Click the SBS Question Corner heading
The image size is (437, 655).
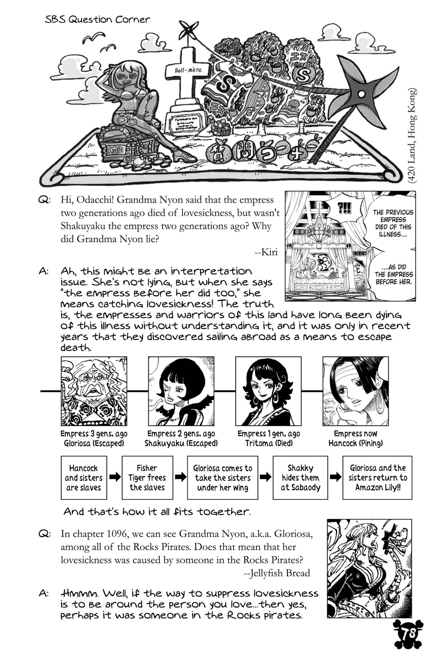tap(97, 20)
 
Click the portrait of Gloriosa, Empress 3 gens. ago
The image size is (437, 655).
tap(94, 391)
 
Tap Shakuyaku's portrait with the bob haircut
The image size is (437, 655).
tap(181, 391)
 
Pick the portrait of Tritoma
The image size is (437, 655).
tap(268, 391)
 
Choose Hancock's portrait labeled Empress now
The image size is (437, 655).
tap(355, 391)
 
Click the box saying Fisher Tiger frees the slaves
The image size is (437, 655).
tap(147, 477)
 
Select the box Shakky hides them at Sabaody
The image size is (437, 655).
tap(300, 477)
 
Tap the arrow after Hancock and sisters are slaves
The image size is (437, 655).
tap(115, 477)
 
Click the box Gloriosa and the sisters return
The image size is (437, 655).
tap(377, 477)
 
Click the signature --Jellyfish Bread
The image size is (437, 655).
tap(276, 573)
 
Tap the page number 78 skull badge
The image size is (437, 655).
tap(408, 634)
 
